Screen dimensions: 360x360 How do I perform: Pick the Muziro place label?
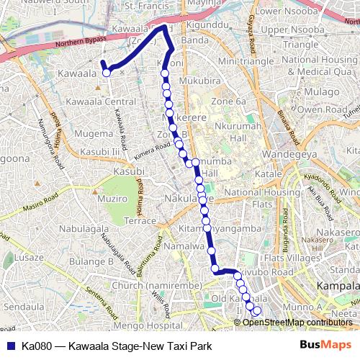point(112,198)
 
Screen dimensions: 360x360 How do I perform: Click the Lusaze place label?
point(28,257)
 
